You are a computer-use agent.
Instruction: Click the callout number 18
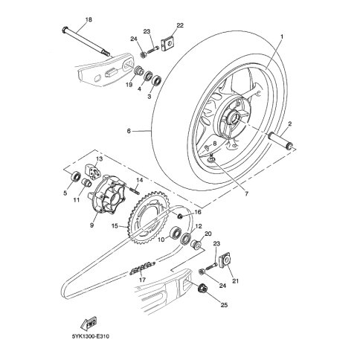coord(89,19)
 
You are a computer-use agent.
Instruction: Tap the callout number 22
coord(180,25)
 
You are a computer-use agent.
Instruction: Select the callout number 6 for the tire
coord(129,131)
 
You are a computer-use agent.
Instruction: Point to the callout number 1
coord(282,36)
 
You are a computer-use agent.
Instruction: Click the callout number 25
coord(224,305)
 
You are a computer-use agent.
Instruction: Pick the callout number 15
coord(115,226)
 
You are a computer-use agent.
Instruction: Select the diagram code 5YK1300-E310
coord(91,336)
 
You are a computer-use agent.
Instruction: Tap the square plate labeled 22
coord(168,44)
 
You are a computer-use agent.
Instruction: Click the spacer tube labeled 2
coord(281,141)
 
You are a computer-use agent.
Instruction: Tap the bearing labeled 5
coord(76,176)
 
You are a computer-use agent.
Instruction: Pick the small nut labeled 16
coord(180,216)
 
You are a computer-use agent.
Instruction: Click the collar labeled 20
coord(196,243)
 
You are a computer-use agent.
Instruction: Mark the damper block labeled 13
coord(93,172)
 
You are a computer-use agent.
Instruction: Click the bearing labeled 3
coord(156,80)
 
